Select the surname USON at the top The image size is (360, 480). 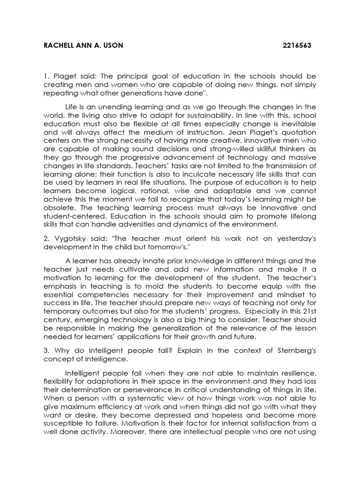(111, 45)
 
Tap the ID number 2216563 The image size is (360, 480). (297, 45)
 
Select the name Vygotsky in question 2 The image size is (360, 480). (70, 239)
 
